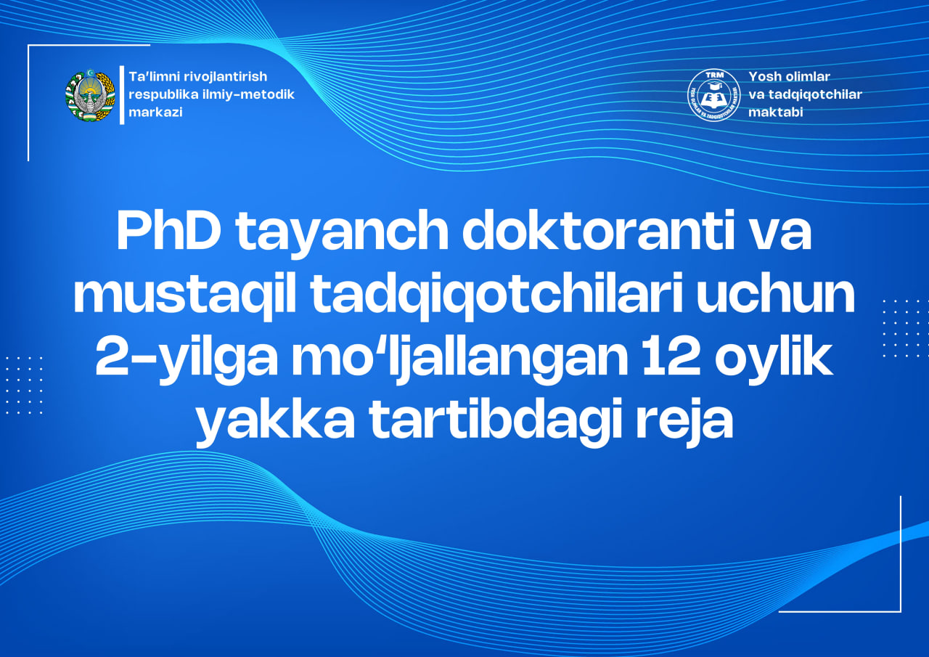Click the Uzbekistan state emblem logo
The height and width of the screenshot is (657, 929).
click(90, 95)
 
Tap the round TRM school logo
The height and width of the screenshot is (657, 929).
click(713, 95)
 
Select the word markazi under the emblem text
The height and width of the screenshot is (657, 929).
click(155, 113)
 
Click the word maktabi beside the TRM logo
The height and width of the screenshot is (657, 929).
click(776, 112)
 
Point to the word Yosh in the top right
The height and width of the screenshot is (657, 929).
click(764, 76)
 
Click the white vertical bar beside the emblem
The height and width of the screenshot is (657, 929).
click(122, 95)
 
